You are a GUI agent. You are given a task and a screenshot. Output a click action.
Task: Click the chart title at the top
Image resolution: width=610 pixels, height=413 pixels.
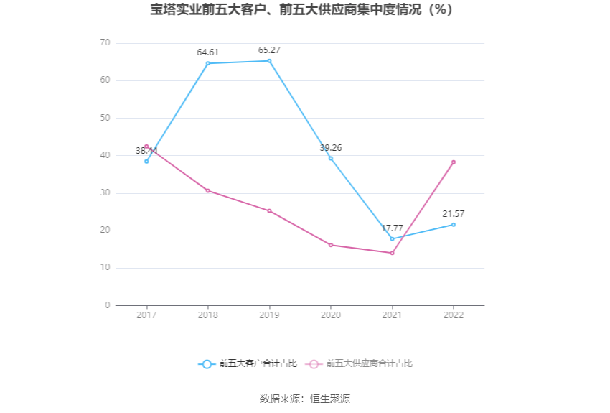click(304, 11)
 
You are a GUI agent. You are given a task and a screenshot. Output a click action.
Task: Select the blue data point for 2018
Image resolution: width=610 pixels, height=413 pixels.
click(208, 63)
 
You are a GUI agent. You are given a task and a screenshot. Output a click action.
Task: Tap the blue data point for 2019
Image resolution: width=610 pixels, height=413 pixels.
click(269, 61)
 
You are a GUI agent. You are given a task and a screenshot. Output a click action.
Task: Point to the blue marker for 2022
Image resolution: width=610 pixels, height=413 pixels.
click(454, 225)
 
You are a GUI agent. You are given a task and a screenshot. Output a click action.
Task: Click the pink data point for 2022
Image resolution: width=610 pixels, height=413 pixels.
click(454, 162)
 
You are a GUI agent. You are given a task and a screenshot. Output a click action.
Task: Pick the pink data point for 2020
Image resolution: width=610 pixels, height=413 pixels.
click(331, 245)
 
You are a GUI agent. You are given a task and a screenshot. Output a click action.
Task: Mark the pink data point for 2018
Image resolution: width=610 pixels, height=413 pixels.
click(208, 190)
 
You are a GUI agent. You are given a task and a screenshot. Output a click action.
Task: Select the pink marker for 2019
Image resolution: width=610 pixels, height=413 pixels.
click(269, 210)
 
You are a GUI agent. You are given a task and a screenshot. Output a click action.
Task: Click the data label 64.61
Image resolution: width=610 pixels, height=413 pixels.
click(208, 52)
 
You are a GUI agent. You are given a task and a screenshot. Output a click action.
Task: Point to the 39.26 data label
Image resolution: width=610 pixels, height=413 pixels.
click(331, 147)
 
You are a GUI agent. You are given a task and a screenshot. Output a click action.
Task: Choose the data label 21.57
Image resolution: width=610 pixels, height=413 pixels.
click(454, 214)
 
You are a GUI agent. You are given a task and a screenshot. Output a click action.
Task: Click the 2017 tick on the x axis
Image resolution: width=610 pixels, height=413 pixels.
click(146, 315)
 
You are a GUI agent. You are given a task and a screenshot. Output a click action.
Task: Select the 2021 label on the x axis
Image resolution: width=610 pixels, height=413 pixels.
click(392, 315)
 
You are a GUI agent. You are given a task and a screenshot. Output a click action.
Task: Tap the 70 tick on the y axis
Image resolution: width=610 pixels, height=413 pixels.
click(105, 43)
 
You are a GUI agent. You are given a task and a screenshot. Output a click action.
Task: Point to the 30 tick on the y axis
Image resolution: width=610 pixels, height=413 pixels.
click(105, 193)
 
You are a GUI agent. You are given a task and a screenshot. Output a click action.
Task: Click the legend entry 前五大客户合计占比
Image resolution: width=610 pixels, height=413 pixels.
click(248, 364)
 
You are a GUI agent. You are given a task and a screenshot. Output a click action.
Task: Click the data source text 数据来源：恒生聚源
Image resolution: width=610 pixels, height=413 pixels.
click(304, 399)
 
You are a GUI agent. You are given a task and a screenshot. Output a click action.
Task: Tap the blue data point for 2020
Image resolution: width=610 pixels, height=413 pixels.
click(331, 158)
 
